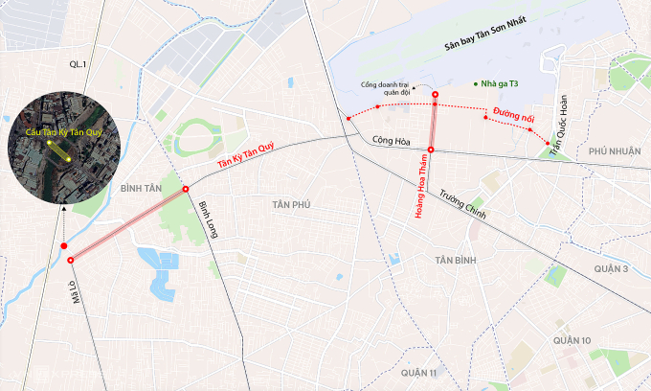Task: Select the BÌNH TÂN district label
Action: pos(141,189)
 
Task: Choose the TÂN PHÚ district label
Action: pos(292,204)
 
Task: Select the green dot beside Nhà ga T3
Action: pos(476,84)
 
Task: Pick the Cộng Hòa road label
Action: pos(391,142)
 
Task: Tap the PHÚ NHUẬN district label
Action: pos(614,151)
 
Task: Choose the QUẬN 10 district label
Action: pos(572,340)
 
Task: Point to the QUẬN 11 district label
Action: pos(419,372)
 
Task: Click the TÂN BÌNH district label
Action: pos(456,261)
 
